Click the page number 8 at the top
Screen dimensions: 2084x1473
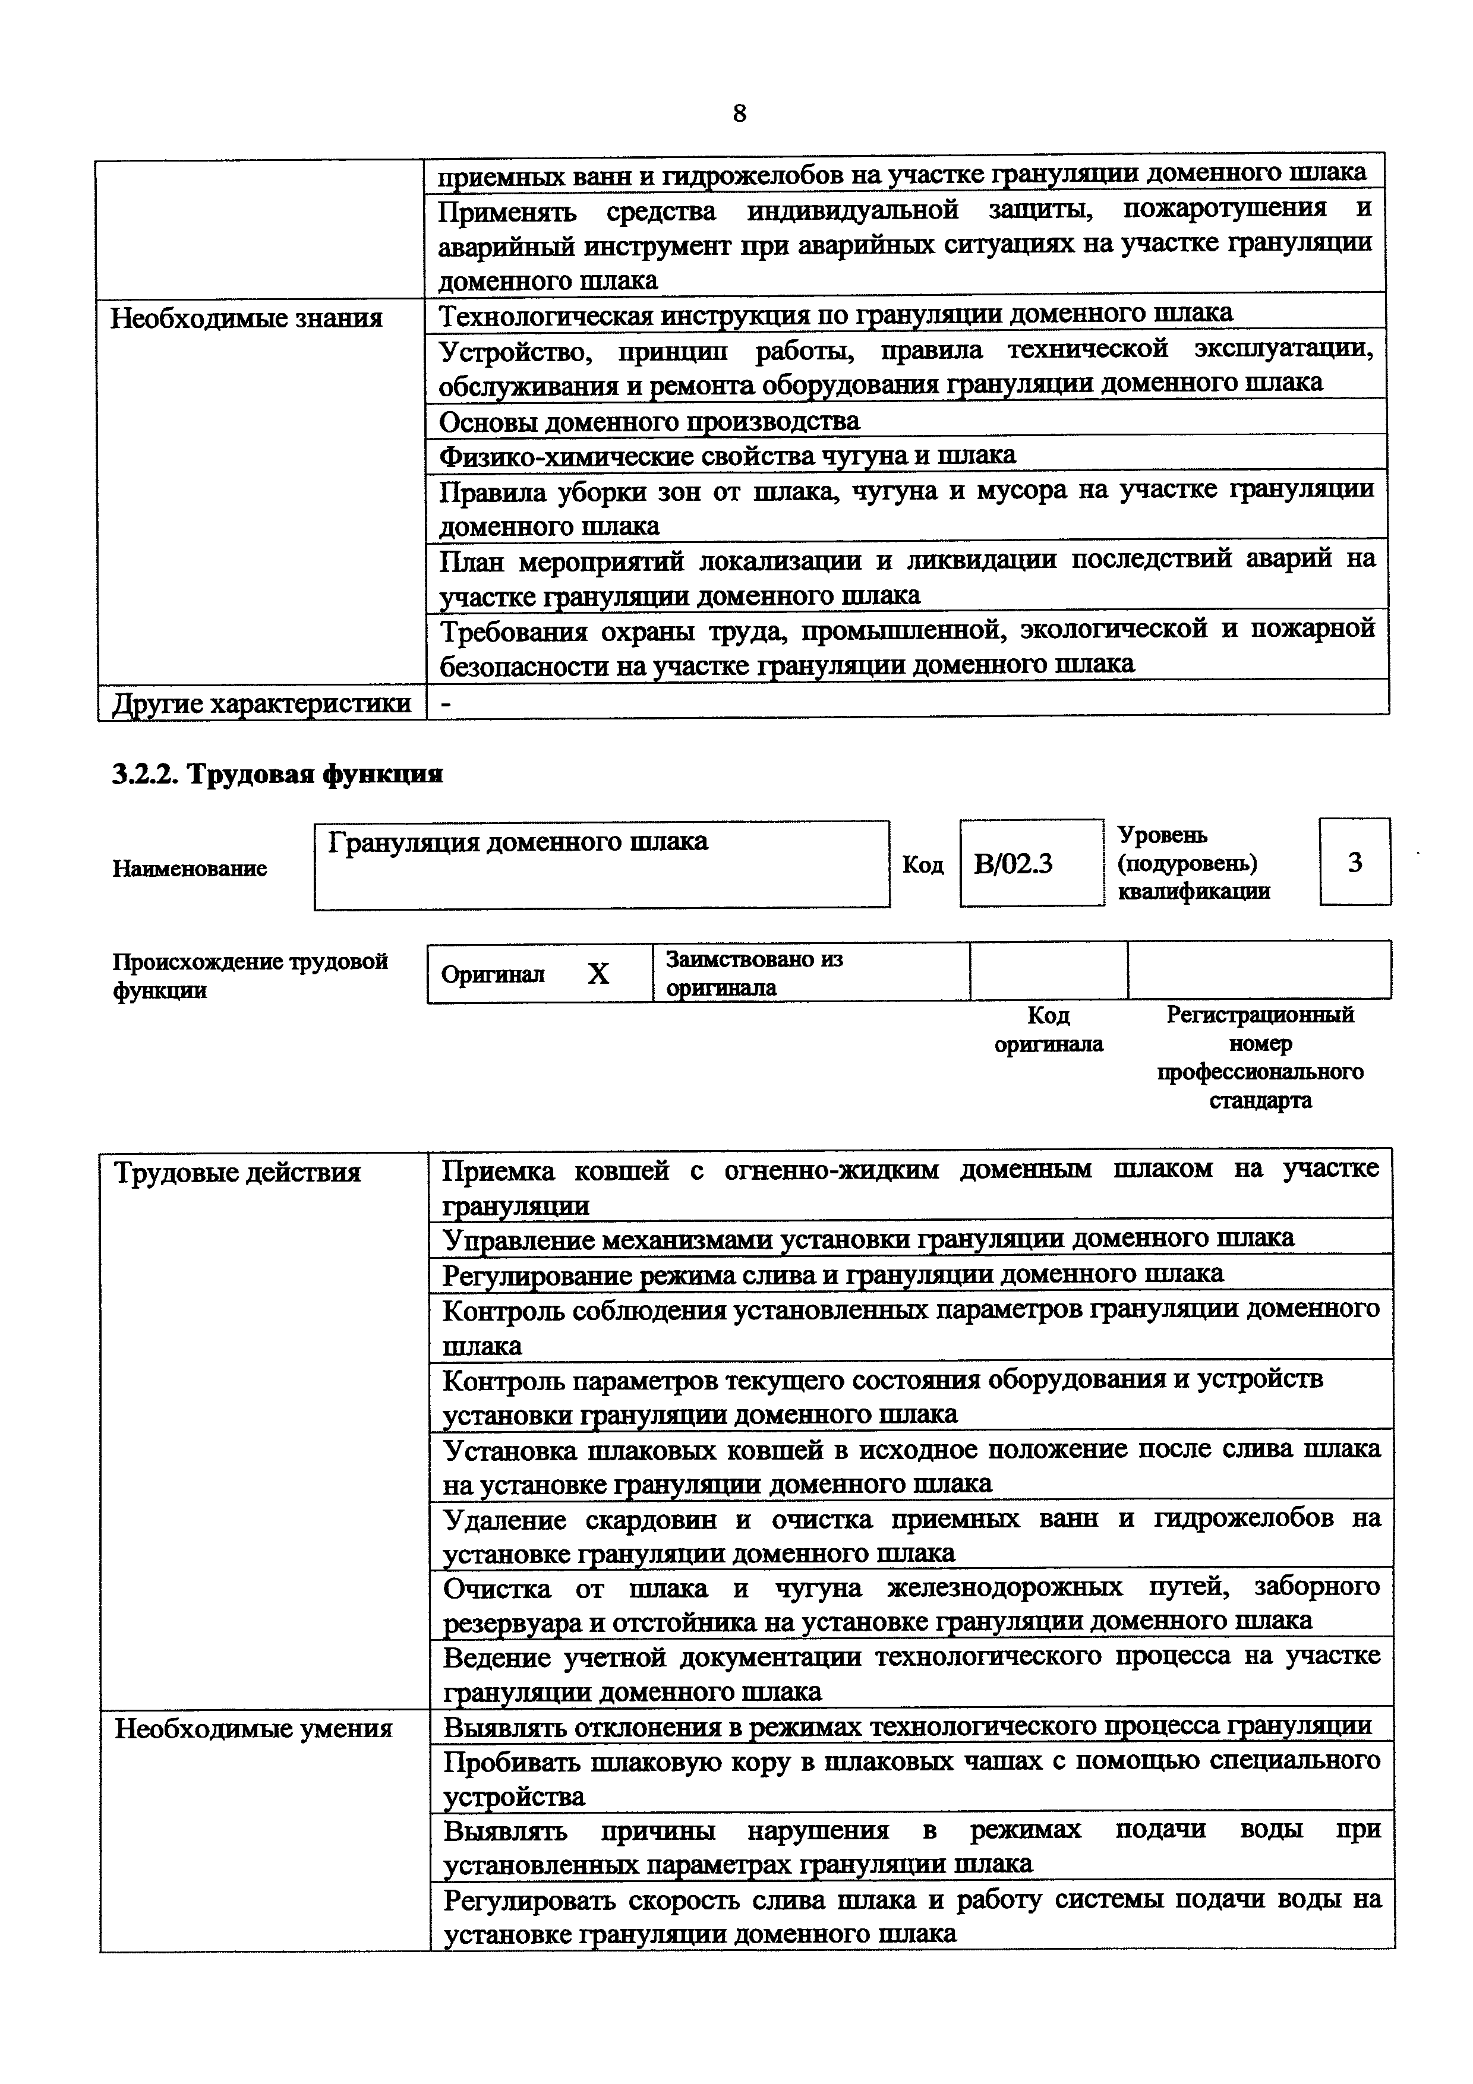[739, 113]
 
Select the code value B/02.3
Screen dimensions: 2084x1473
[1013, 863]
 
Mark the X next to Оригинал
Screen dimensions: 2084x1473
[598, 974]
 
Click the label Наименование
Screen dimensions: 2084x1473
[190, 869]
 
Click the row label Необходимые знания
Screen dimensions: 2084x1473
[246, 318]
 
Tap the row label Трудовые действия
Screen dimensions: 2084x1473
[238, 1173]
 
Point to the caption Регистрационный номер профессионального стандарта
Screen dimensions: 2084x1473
[1260, 1057]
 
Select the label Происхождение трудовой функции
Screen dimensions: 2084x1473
[250, 975]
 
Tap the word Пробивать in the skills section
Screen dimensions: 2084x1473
[510, 1763]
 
